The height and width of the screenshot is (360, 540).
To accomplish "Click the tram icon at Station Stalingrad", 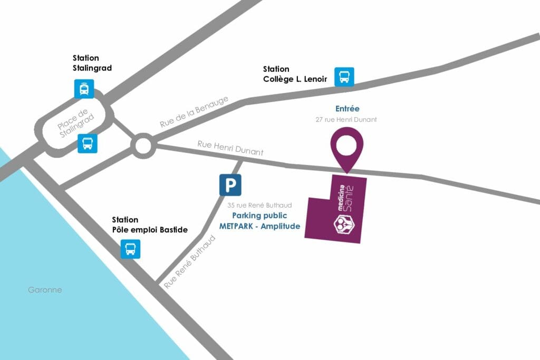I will [84, 89].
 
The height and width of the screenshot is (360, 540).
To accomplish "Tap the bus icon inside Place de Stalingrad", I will [88, 143].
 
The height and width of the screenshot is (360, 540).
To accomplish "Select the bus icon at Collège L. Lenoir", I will [344, 76].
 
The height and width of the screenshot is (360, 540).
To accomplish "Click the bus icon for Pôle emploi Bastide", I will [130, 248].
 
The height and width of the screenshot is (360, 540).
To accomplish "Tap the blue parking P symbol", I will [230, 185].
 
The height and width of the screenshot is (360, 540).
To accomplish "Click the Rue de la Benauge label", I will [194, 112].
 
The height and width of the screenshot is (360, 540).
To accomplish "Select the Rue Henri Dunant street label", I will [230, 148].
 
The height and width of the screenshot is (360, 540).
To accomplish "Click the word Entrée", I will [348, 109].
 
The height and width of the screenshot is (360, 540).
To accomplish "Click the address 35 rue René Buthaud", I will [259, 206].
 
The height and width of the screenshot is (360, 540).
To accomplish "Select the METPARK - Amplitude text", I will [259, 226].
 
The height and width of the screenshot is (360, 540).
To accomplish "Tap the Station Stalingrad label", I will [85, 63].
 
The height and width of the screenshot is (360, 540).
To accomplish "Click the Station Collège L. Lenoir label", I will [295, 74].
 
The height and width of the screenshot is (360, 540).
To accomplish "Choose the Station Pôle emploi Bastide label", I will [150, 225].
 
